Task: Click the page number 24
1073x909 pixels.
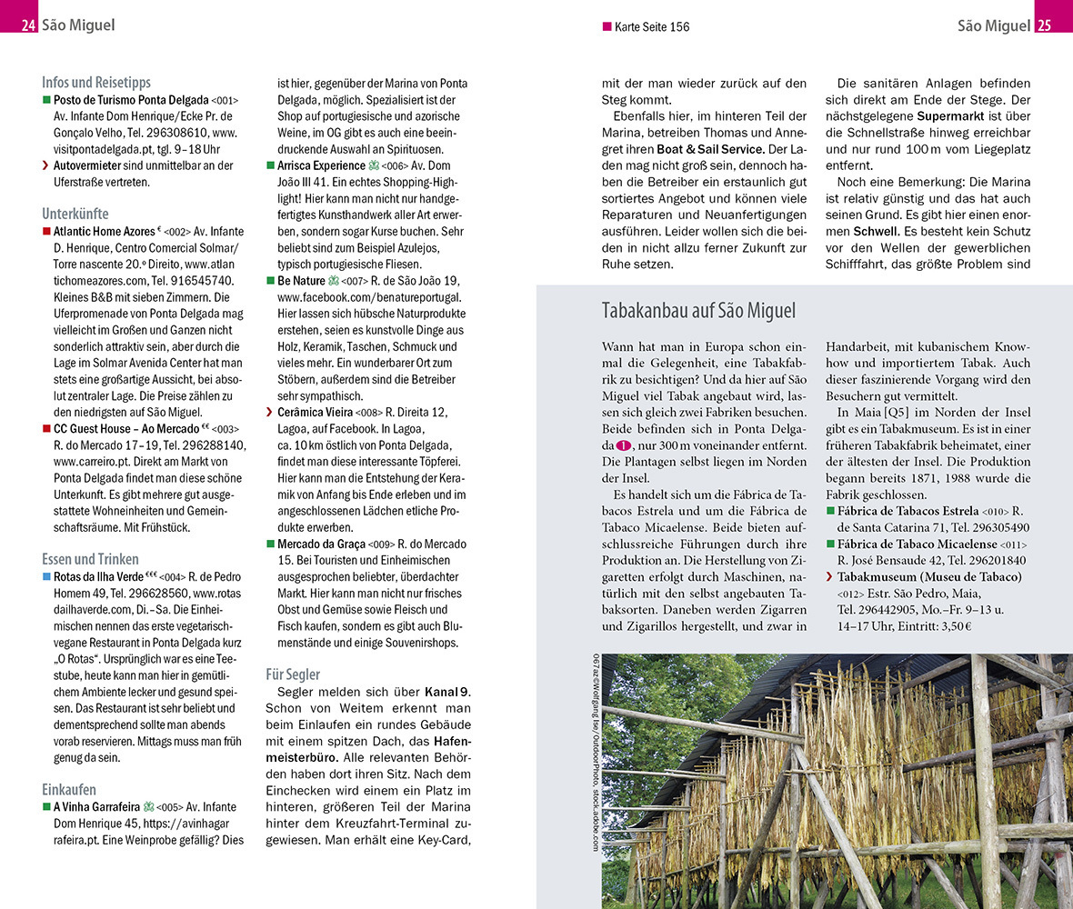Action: (x=28, y=25)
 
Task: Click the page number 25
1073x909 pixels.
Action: (x=1044, y=25)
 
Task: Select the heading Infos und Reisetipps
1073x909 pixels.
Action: (x=96, y=82)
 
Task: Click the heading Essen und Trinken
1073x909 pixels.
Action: (x=90, y=559)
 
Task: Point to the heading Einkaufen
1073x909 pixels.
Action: (x=69, y=789)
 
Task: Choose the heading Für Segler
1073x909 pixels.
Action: (x=293, y=674)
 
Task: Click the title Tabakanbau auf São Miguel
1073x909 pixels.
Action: (x=698, y=311)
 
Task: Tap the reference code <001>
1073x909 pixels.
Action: (x=225, y=100)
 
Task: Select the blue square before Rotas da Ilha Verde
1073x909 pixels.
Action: (x=46, y=576)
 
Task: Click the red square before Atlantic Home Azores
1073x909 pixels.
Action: (x=46, y=232)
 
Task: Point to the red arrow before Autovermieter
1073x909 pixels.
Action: (x=46, y=165)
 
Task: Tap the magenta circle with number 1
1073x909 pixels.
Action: (x=623, y=445)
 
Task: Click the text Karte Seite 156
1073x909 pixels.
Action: (x=651, y=26)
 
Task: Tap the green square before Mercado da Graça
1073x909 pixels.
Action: (x=270, y=544)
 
